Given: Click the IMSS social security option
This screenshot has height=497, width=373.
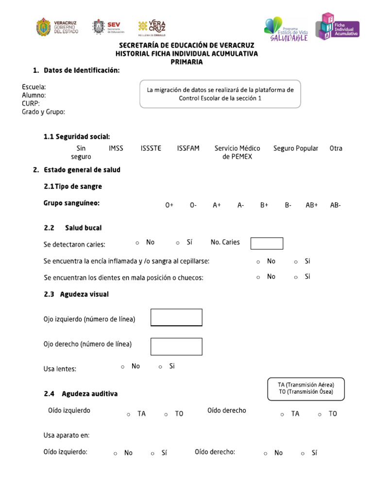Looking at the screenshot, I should pos(116,149).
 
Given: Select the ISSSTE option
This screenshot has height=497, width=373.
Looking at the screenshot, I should pos(151,149).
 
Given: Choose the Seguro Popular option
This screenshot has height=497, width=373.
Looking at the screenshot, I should pos(295,149).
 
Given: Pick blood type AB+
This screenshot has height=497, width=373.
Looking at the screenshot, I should pos(311,205).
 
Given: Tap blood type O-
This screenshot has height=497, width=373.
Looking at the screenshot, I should pos(193,205).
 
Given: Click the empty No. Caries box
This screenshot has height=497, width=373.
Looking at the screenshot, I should pos(267,243).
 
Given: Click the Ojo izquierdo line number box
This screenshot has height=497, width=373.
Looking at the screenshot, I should pos(176,317).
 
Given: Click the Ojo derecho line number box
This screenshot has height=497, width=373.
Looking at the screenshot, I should pos(176,347).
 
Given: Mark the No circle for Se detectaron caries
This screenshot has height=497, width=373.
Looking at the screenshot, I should pos(137,243).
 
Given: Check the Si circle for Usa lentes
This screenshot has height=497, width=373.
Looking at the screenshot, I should pos(161,367).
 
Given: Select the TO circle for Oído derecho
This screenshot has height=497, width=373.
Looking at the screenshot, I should pos(320,414).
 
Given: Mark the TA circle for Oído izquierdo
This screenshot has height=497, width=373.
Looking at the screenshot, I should pos(129,414).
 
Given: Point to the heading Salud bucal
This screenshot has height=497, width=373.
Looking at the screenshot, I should pos(83,228).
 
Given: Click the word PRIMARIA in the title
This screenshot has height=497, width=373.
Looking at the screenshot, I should pos(186,62).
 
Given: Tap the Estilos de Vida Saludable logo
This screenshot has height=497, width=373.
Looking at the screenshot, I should pos(286,29).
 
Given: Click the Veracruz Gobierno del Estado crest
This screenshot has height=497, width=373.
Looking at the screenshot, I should pos(43,27).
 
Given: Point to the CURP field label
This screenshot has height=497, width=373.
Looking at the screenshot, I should pos(31,103).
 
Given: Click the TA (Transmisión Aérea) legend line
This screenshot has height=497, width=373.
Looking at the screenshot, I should pos(306,384).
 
